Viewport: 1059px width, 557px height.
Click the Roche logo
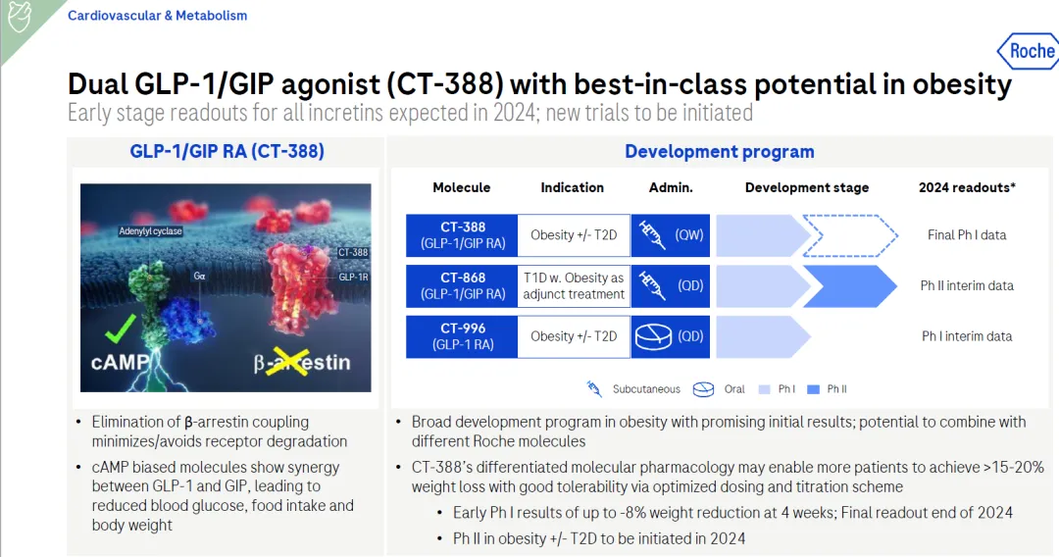(x=1028, y=51)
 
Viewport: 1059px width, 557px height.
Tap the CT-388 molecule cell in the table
(x=462, y=235)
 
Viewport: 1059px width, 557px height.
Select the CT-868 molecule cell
(x=462, y=285)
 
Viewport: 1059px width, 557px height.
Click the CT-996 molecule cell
(x=462, y=336)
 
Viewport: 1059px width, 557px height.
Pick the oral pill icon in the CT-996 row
(x=653, y=336)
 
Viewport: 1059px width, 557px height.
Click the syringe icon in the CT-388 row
(x=652, y=235)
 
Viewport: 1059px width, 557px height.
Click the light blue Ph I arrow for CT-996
(x=763, y=336)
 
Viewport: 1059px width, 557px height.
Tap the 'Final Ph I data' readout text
(x=967, y=235)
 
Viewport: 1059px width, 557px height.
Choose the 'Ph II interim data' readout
(x=967, y=285)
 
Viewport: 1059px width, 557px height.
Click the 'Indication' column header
(x=572, y=187)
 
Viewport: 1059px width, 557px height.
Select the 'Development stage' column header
(x=807, y=187)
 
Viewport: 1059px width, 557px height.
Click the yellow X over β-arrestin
(x=288, y=363)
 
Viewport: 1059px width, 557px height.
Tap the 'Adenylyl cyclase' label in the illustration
(x=150, y=230)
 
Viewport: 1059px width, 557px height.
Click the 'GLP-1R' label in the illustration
(x=353, y=277)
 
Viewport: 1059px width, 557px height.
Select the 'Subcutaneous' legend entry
(x=646, y=389)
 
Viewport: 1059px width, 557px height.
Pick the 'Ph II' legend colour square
(x=813, y=389)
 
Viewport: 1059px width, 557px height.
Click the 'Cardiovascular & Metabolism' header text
(x=157, y=16)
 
